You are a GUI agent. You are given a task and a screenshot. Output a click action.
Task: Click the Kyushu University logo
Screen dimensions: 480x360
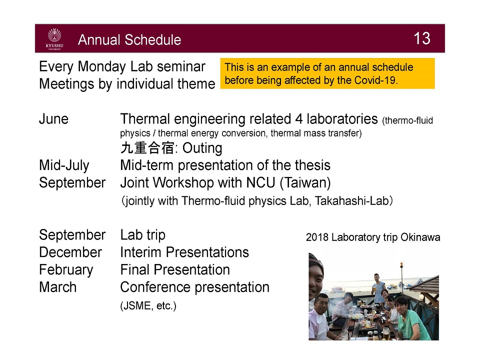(x=55, y=39)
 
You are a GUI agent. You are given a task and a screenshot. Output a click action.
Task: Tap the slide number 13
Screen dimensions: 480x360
(x=422, y=38)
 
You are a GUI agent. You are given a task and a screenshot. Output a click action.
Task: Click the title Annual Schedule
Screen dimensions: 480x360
(x=129, y=40)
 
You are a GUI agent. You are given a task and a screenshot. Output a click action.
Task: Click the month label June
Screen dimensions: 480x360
(x=54, y=119)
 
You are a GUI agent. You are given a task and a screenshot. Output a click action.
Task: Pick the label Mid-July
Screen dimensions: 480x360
(x=64, y=165)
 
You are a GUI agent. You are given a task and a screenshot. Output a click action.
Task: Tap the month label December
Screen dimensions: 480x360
(x=70, y=252)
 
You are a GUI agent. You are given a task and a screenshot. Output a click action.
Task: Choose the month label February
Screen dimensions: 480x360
(x=66, y=270)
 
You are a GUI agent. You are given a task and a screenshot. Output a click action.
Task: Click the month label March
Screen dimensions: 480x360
(x=58, y=287)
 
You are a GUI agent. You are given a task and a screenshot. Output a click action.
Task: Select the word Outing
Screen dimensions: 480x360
(x=202, y=148)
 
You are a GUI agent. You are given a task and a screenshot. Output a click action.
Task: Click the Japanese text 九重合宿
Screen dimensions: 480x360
(x=147, y=148)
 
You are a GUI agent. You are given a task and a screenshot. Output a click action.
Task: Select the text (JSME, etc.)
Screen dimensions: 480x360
(x=148, y=306)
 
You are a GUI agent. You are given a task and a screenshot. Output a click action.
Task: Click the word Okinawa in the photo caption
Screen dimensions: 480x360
(x=420, y=237)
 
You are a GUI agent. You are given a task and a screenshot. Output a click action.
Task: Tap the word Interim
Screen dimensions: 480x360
(x=140, y=252)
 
